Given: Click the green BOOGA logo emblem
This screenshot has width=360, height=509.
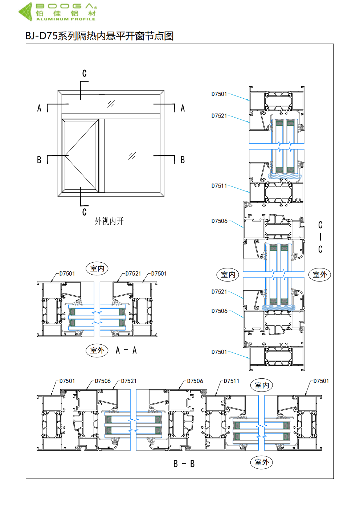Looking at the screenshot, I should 26,11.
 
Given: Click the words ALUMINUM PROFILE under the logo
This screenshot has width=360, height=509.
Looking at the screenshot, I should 66,19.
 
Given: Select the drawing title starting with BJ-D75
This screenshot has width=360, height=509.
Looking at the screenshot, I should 99,36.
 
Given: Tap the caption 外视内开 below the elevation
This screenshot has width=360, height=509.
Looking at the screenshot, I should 109,221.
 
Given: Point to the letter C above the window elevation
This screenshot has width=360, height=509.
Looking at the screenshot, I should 84,74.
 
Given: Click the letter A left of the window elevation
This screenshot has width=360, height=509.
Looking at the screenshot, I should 39,108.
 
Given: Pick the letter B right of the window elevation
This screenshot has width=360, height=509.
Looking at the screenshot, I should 183,160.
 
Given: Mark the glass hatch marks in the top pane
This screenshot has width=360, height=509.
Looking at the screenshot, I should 111,104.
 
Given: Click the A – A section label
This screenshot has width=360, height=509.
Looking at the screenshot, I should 126,350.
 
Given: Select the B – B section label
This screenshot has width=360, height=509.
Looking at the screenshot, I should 184,464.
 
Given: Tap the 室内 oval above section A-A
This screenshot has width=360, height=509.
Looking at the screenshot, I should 97,268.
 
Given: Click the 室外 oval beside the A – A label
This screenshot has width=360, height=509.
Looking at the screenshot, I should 97,350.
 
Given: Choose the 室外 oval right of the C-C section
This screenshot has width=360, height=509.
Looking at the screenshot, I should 320,275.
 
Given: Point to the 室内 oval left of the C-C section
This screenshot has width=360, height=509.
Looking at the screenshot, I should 228,275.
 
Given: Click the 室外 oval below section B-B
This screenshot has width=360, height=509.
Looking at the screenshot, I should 262,462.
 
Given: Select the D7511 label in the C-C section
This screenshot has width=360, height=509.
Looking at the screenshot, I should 219,186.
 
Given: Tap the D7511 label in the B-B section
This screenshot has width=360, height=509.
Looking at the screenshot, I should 232,381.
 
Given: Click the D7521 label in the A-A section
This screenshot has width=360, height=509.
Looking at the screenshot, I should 133,274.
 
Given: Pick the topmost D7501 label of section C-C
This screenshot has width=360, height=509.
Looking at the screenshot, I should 219,94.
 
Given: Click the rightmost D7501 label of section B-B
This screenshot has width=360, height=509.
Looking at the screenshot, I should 321,381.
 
